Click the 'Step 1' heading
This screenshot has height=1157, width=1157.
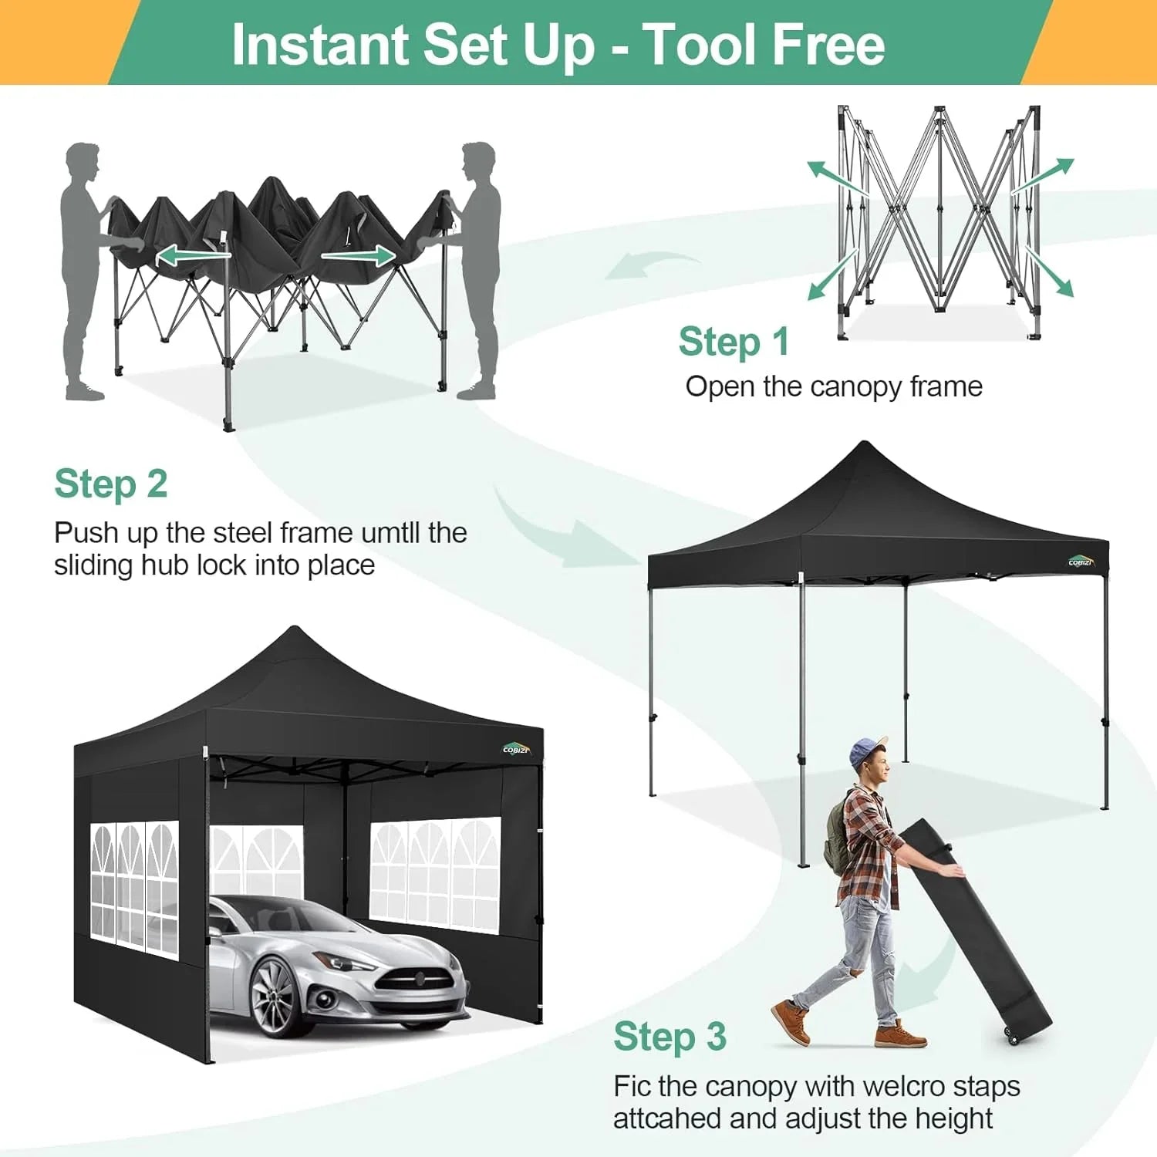coord(734,342)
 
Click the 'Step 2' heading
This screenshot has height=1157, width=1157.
coord(111,485)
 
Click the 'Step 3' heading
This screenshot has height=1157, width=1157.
coord(670,1037)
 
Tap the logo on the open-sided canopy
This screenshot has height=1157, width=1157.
coord(1081,562)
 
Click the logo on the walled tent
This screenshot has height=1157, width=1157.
coord(516,749)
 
